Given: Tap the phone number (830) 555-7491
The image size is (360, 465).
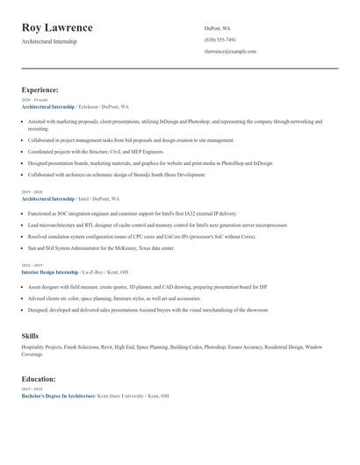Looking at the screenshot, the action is (x=220, y=39).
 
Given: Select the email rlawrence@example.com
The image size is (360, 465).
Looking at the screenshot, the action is (x=230, y=52).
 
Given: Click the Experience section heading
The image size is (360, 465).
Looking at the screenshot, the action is (x=40, y=89).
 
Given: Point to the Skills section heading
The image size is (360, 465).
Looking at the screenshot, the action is (x=30, y=336).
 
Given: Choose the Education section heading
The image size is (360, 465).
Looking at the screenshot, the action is (x=39, y=379).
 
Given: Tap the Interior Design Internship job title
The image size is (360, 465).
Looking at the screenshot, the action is (x=49, y=273).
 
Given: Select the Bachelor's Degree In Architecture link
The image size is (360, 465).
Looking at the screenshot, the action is (x=58, y=396).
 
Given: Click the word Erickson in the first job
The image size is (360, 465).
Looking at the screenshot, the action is (x=90, y=106).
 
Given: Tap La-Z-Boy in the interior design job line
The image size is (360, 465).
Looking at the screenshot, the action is (x=92, y=273).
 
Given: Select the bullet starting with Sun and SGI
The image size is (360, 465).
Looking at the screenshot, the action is (x=101, y=248).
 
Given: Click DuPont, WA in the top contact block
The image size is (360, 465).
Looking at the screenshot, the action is (x=219, y=27).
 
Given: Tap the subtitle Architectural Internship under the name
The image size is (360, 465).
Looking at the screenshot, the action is (x=48, y=41).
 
